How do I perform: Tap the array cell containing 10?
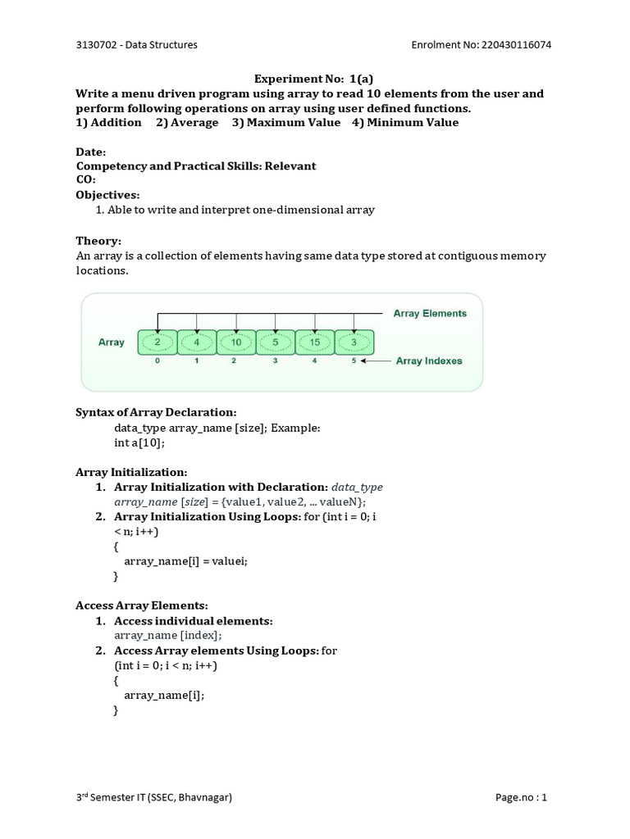click(236, 342)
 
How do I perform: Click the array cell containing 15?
click(315, 342)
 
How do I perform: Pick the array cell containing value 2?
click(157, 342)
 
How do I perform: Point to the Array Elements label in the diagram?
click(430, 313)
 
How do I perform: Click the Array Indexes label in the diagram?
click(429, 361)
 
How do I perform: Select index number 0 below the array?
click(157, 361)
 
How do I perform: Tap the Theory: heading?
click(98, 241)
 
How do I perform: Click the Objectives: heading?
click(107, 195)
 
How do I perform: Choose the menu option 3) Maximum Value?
click(285, 123)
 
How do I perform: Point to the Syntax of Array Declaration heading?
click(156, 412)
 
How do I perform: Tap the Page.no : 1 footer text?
click(521, 797)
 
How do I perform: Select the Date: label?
click(90, 152)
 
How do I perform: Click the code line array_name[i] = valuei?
click(185, 561)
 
